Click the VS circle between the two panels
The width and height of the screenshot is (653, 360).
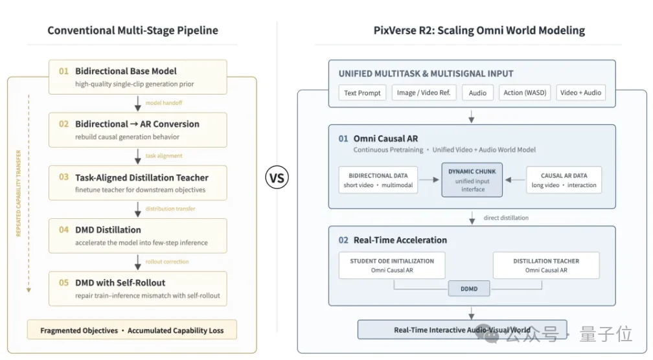coord(277,177)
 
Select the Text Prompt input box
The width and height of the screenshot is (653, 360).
coord(362,93)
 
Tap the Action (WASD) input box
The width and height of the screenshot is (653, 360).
coord(525,93)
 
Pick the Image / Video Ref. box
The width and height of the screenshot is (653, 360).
coord(424,93)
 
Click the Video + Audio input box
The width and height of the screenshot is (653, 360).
coord(580,93)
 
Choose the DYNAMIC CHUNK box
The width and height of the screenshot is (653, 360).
coord(472,180)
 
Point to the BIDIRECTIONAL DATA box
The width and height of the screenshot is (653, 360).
coord(378,180)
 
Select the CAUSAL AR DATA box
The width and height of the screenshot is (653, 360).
coord(564,180)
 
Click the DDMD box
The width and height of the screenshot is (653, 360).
coord(469,288)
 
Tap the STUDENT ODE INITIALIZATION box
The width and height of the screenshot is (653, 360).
coord(392,265)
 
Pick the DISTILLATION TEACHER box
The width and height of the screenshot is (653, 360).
coord(546,265)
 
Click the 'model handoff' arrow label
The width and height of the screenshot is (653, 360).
coord(164,103)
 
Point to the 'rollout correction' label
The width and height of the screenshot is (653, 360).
coord(167,262)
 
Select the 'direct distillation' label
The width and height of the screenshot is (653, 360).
coord(506,218)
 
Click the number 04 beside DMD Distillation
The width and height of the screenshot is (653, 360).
coord(63,230)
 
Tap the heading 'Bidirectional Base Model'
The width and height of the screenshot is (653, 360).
coord(126,71)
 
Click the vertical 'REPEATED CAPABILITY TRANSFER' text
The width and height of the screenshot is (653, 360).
coord(18,193)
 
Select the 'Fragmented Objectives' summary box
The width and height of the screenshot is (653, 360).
coord(132,330)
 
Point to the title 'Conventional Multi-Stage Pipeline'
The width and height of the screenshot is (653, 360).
coord(132,30)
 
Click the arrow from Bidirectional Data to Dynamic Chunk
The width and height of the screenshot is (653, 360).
coord(429,180)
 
